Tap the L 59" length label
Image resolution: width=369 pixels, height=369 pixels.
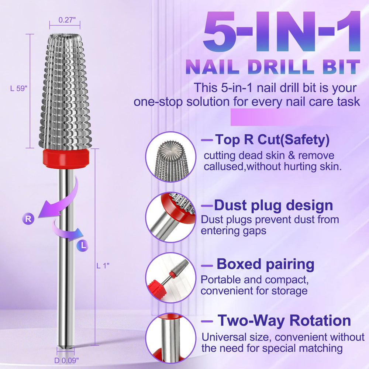pos(19,89)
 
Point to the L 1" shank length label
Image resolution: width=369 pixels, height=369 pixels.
pos(103,266)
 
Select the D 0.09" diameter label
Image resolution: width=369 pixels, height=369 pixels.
pos(66,360)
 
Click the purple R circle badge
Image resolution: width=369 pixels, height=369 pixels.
pos(28,218)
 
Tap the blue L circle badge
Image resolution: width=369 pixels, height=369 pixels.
pos(83,245)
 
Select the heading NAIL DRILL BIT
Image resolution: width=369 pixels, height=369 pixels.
pos(273,67)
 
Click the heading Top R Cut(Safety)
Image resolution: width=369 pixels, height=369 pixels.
pos(272,139)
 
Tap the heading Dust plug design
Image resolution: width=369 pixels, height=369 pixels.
pos(273,205)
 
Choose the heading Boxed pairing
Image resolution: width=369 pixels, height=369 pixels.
pos(265,264)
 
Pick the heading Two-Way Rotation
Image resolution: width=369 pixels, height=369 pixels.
pos(284,321)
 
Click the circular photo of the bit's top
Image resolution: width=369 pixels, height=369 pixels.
pos(171,157)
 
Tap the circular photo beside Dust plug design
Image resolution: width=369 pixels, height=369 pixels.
pos(171,217)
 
